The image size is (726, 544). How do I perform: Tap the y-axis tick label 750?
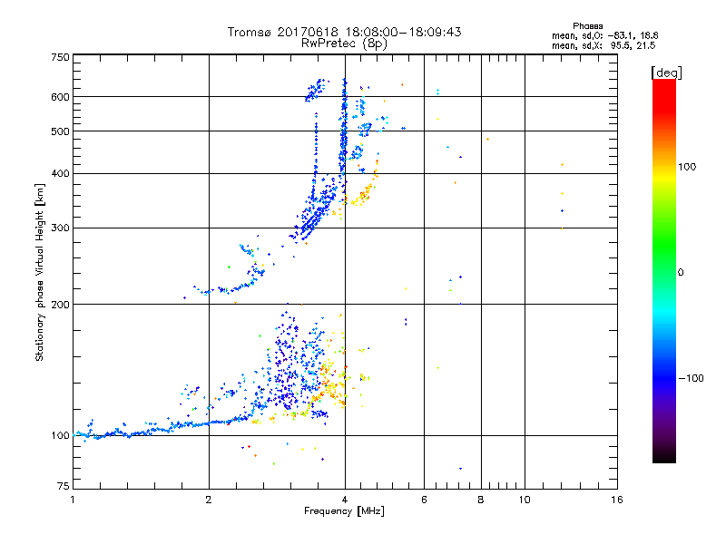coord(59,56)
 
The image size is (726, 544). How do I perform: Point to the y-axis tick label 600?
coord(59,97)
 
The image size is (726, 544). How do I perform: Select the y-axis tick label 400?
coord(59,173)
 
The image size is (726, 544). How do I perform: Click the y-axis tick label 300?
coord(59,228)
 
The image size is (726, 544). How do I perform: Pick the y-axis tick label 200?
coord(59,305)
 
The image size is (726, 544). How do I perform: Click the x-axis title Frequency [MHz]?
coord(344,512)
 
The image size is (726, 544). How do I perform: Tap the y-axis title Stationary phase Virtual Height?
coord(40,272)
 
